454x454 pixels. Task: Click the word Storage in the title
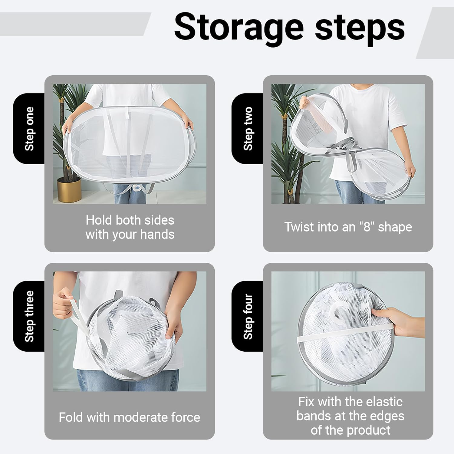coord(239,28)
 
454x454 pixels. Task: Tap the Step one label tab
coord(29,129)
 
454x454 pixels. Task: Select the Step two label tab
coord(248,129)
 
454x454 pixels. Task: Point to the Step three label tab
coord(29,316)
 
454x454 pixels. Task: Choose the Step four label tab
coord(248,316)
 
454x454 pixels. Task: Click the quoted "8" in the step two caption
coord(367,227)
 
